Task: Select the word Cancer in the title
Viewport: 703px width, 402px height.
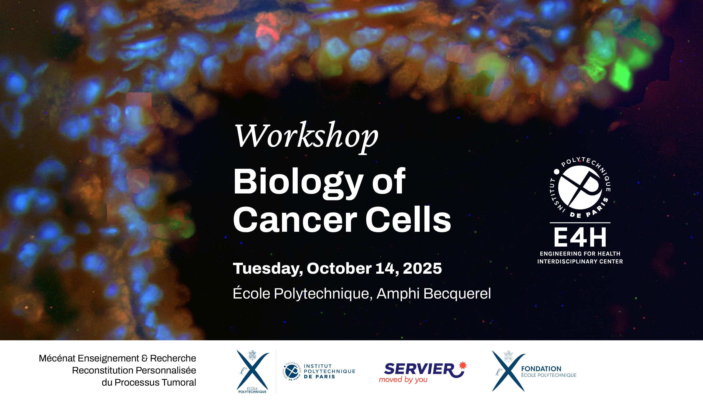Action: [295, 220]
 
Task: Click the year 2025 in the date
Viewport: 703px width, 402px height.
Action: [422, 268]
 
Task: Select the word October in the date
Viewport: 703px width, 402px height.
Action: [339, 268]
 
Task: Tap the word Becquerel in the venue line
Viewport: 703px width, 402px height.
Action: [457, 294]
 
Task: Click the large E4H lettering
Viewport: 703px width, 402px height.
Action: [580, 237]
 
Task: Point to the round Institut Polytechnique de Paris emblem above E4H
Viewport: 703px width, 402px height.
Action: [580, 187]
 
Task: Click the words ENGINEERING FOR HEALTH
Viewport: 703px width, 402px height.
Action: [580, 253]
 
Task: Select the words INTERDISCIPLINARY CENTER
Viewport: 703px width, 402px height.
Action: [580, 261]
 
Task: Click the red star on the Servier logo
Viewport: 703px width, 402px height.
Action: [463, 365]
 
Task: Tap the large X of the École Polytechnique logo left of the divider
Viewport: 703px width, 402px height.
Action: [253, 370]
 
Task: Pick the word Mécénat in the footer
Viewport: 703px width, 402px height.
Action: [57, 358]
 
